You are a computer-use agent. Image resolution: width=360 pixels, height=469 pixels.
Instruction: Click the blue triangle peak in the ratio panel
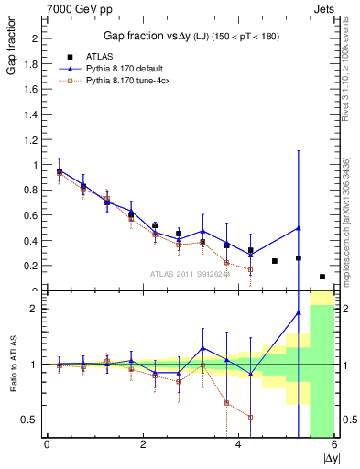click(x=299, y=313)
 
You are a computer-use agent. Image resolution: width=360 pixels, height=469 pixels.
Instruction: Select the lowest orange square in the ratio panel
click(x=250, y=417)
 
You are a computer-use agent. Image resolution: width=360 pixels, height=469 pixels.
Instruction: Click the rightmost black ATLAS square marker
click(x=322, y=277)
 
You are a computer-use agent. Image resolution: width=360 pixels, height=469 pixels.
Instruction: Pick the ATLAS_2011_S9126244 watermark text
click(x=190, y=273)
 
